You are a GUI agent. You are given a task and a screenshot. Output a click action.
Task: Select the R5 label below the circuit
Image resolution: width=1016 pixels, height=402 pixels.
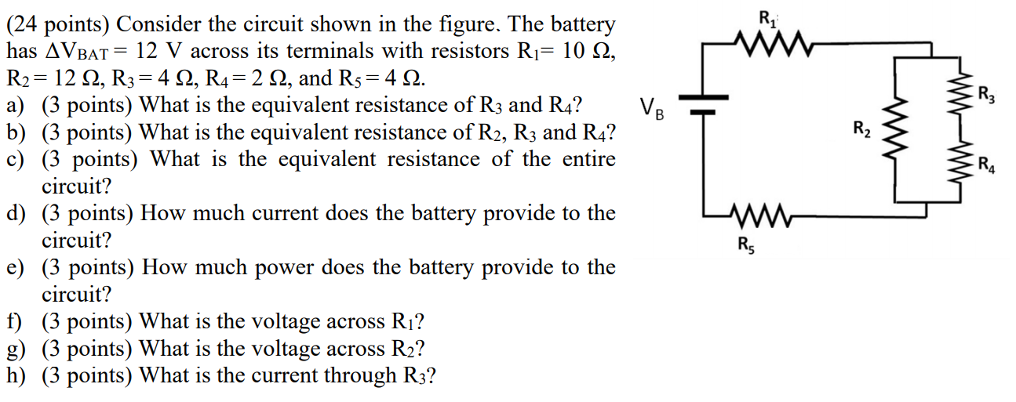pyautogui.click(x=742, y=244)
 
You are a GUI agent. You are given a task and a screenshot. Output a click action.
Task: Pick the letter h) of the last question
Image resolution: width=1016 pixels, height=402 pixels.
pyautogui.click(x=15, y=376)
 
